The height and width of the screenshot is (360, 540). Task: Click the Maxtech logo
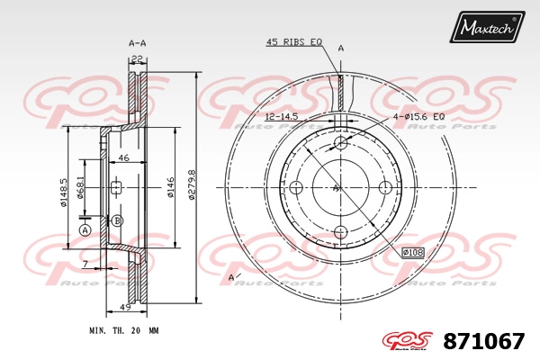(487, 27)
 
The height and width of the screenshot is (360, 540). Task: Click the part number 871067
(484, 341)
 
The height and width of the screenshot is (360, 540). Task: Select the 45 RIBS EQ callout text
(294, 42)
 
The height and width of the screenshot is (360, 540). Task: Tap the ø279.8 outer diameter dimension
(192, 184)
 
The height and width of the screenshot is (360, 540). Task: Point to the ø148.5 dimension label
(64, 193)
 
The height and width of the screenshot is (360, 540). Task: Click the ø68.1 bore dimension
(80, 187)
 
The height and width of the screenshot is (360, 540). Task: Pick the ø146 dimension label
(170, 187)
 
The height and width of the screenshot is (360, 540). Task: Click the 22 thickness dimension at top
(137, 59)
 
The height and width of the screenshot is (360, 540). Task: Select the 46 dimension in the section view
(123, 157)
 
